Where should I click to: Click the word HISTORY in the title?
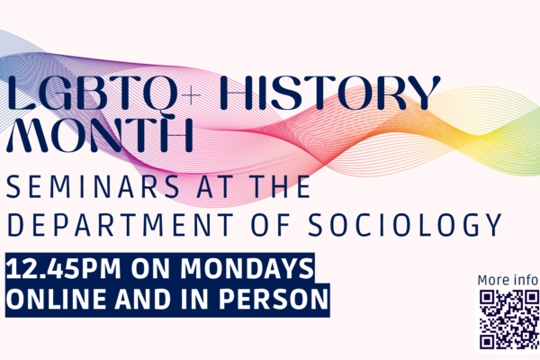[330, 93]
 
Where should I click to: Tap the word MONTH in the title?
[99, 135]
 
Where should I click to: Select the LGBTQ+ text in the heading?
[103, 94]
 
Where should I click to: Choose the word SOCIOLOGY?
[405, 225]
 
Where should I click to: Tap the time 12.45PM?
[64, 269]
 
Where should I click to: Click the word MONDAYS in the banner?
[247, 268]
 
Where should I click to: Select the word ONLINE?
[56, 299]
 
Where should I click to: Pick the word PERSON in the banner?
[274, 299]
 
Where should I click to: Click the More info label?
[508, 280]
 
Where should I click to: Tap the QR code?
[509, 319]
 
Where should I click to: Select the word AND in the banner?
[143, 299]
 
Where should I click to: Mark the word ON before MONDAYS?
[150, 269]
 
